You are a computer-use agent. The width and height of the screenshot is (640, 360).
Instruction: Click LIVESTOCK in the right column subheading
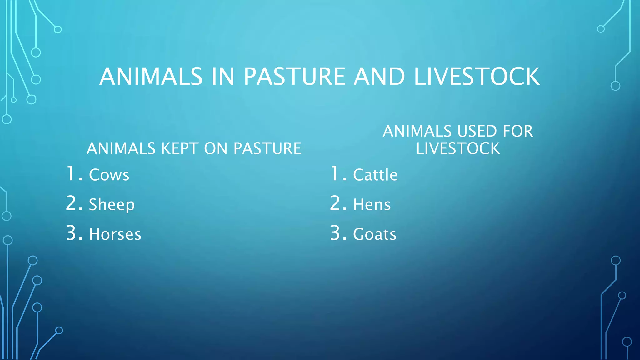[x=458, y=148]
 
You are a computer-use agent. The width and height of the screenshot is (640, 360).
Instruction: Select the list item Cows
[x=109, y=175]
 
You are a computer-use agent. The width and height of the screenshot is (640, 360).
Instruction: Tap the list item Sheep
[x=112, y=205]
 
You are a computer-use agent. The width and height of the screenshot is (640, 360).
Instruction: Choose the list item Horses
[x=115, y=234]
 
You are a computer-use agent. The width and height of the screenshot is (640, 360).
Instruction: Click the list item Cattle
[x=375, y=175]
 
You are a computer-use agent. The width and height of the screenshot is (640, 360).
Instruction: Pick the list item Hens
[x=372, y=205]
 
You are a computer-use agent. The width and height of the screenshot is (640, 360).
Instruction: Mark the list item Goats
[x=375, y=234]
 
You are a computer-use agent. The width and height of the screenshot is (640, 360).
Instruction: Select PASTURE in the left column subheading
[x=267, y=148]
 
